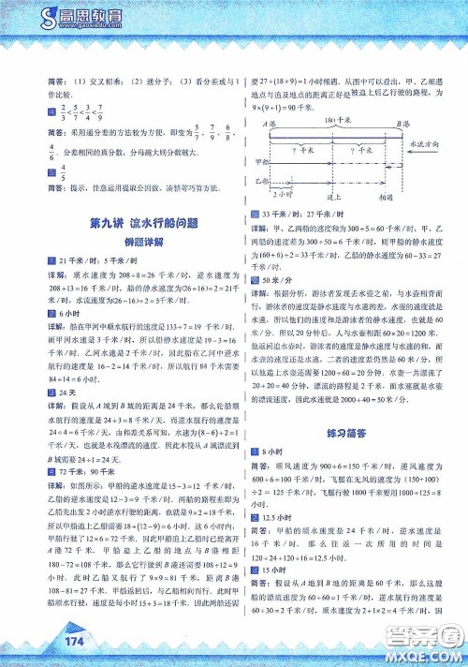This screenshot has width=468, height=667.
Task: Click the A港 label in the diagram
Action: [268, 123]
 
